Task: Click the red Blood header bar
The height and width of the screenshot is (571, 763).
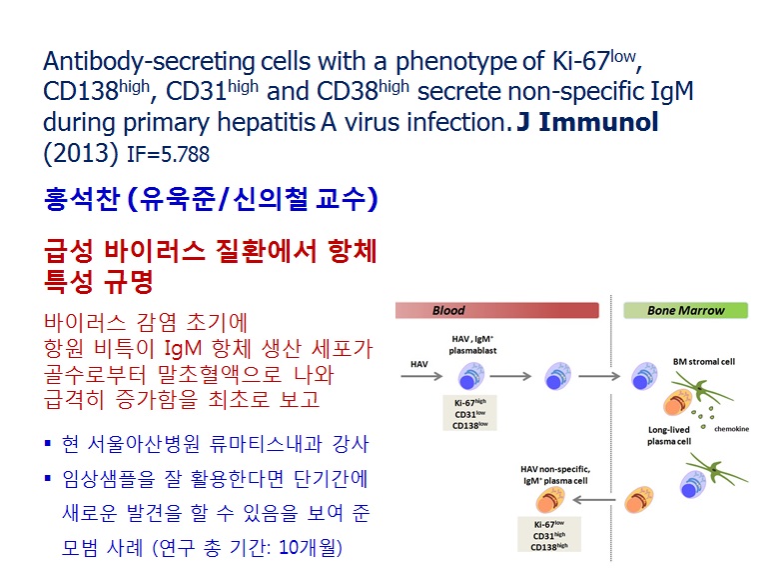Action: pos(496,310)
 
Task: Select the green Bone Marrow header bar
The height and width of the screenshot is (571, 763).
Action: pos(686,310)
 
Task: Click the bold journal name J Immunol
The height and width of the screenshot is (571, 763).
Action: pos(587,122)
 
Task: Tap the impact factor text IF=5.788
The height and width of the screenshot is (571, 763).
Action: pos(168,154)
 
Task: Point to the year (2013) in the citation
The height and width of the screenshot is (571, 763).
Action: pos(81,153)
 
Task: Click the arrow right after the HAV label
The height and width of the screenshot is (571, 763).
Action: pos(421,376)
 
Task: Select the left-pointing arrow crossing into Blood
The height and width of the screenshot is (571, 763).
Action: pos(594,499)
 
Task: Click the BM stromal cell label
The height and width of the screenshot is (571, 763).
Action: pos(704,362)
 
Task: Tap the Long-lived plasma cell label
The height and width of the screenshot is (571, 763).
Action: pos(668,436)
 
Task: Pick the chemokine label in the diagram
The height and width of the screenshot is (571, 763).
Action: pos(731,429)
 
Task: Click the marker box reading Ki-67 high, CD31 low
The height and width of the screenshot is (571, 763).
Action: pos(469,413)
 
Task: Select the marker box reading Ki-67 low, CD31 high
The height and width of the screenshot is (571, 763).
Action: pos(549,534)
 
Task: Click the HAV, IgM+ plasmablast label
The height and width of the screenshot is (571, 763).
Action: pos(472,344)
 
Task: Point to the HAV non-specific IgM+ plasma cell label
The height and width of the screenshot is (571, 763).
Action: pos(555,475)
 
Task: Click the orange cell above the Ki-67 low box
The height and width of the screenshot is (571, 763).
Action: pos(550,501)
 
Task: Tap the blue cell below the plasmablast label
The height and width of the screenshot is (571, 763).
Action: pos(470,376)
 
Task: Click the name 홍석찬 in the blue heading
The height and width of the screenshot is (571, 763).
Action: pos(82,199)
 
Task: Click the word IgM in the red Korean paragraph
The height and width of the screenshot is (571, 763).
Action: pos(183,349)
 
